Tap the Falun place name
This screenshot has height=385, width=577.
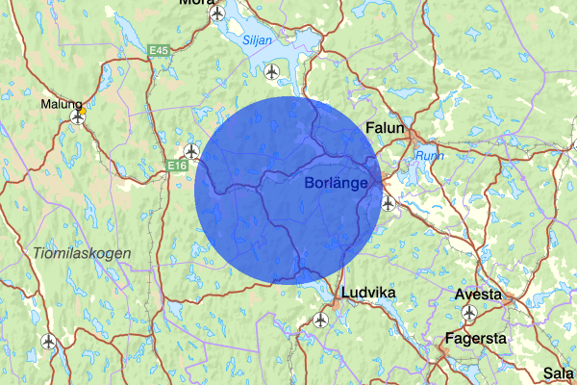389,127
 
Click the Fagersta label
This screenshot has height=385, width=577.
476,339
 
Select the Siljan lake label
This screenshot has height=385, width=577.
257,40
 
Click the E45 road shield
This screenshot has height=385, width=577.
160,50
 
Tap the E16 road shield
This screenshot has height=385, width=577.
175,167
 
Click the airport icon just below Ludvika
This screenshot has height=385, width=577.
320,320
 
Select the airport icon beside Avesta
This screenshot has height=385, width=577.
470,313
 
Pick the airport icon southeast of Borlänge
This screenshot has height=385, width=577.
389,203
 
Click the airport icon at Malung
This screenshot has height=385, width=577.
78,117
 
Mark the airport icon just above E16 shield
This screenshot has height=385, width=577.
191,151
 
